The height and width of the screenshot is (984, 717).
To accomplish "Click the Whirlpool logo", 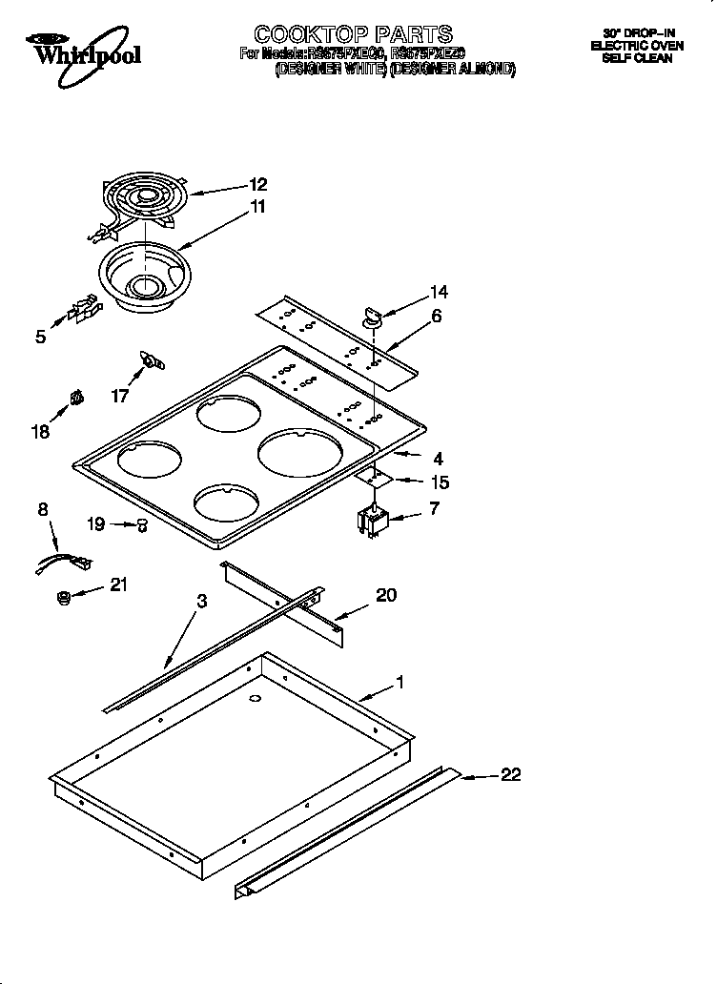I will tap(82, 50).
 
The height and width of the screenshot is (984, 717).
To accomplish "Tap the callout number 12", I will tap(258, 185).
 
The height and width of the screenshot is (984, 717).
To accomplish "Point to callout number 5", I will tap(40, 336).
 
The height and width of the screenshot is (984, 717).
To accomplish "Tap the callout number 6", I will tap(436, 316).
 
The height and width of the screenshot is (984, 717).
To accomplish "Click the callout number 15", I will tap(440, 482).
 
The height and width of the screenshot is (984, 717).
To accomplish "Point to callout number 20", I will tap(385, 595).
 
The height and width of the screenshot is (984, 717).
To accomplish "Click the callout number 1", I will tap(400, 683).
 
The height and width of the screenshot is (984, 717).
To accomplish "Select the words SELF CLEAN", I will tap(637, 58).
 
